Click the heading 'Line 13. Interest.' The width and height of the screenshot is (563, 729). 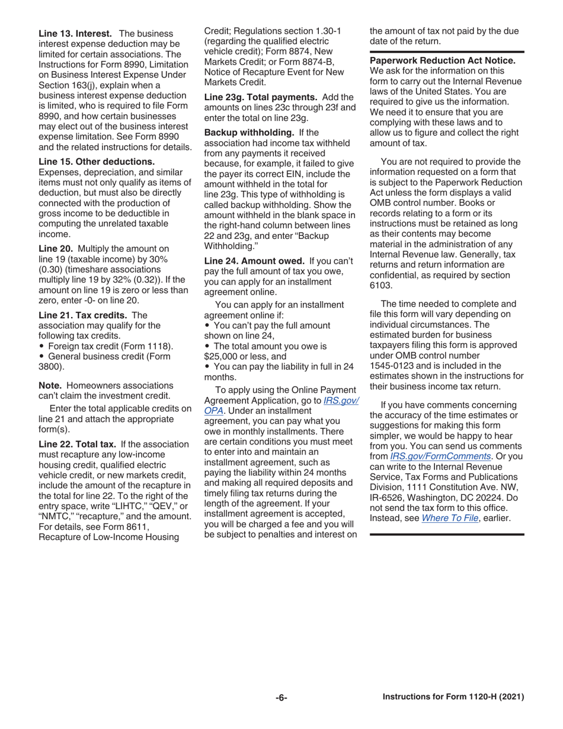[75, 34]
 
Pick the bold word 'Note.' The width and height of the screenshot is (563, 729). [50, 385]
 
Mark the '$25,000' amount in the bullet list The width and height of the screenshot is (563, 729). [220, 356]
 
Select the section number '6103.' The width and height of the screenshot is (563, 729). [380, 285]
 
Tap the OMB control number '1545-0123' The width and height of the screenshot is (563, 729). [390, 366]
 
